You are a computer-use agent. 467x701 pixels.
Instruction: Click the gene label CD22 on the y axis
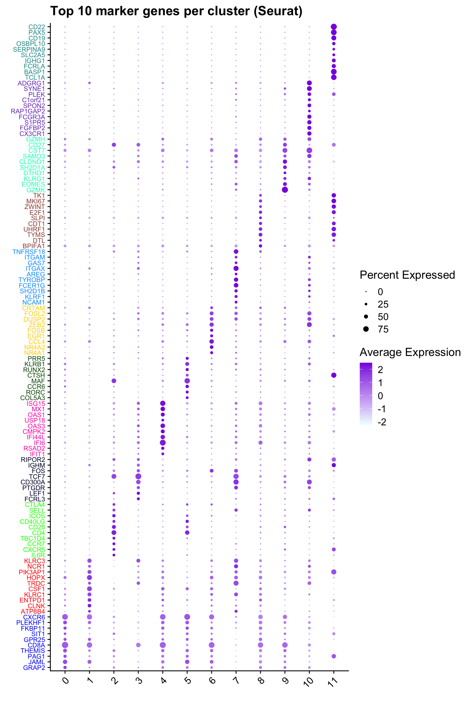click(36, 27)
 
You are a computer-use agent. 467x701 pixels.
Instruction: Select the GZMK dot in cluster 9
click(285, 190)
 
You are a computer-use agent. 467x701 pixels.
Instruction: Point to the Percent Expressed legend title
click(407, 275)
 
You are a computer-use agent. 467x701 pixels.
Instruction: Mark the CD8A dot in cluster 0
click(65, 645)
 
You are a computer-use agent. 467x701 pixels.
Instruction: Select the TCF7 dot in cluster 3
click(138, 476)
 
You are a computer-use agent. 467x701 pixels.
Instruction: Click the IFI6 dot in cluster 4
click(163, 442)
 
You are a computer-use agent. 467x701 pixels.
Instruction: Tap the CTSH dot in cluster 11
click(334, 375)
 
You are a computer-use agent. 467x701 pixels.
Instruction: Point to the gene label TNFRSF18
click(29, 252)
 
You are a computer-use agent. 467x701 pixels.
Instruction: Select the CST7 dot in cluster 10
click(309, 150)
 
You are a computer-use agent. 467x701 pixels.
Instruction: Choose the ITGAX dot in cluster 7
click(236, 268)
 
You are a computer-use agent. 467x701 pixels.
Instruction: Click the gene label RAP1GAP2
click(28, 111)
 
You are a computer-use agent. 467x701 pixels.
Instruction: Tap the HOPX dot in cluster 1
click(89, 577)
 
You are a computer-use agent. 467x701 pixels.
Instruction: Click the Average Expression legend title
click(410, 352)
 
